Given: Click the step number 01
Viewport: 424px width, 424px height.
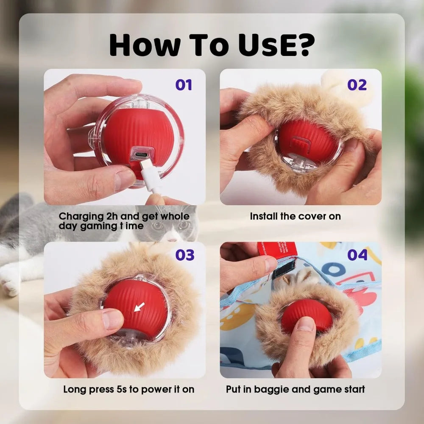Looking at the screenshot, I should tap(184, 85).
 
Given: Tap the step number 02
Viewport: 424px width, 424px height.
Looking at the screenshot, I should tap(357, 85).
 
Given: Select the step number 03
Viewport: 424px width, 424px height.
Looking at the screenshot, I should tap(185, 255).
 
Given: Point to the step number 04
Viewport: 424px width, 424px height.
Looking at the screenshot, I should tap(357, 255).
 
